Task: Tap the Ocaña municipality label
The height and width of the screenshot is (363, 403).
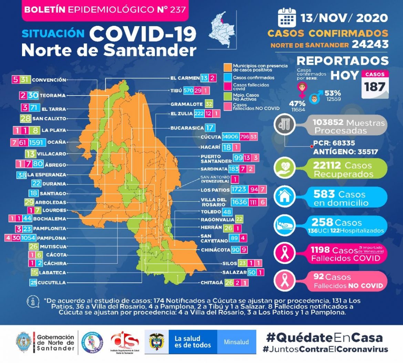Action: pyautogui.click(x=57, y=142)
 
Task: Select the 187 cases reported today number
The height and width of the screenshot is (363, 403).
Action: pyautogui.click(x=375, y=87)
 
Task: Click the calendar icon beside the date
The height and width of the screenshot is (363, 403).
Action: pyautogui.click(x=287, y=18)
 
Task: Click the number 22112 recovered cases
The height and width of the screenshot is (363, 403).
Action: pyautogui.click(x=327, y=165)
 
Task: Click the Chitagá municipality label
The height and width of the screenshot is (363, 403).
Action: pyautogui.click(x=212, y=283)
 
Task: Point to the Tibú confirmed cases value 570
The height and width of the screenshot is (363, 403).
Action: pyautogui.click(x=188, y=90)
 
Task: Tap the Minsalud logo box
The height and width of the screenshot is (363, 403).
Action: pyautogui.click(x=236, y=342)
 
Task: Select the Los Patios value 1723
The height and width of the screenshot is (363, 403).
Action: pyautogui.click(x=239, y=190)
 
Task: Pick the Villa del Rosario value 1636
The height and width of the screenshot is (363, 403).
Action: pyautogui.click(x=239, y=202)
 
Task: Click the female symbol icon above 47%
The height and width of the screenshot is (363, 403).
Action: pyautogui.click(x=302, y=90)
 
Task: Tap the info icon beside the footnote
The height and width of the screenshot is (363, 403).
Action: pyautogui.click(x=33, y=302)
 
